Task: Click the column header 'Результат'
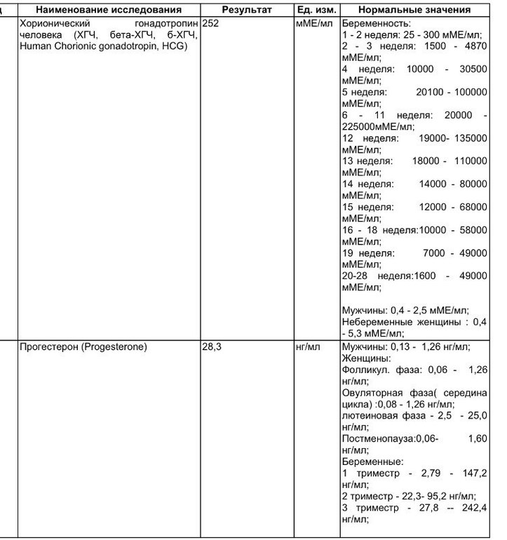click(246, 10)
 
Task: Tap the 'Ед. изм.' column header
click(316, 10)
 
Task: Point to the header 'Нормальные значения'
click(414, 10)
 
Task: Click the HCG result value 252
click(210, 23)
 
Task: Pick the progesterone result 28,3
click(212, 346)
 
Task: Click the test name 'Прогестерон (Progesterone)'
click(83, 346)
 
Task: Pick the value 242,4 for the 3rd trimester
click(473, 507)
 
